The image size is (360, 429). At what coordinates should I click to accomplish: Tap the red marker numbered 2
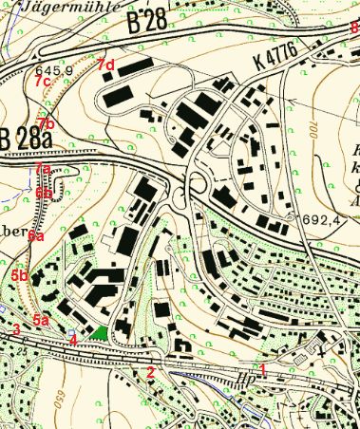pos(150,372)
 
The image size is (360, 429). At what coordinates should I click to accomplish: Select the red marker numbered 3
pos(16,329)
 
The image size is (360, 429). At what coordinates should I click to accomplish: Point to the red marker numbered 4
pos(73,339)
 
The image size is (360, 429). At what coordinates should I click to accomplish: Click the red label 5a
pos(42,321)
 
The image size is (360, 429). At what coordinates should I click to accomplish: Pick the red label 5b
pos(19,275)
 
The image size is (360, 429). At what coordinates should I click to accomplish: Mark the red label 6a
pos(35,234)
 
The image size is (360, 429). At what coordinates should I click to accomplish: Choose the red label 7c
pos(42,83)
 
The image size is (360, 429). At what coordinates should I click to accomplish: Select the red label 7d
pos(105,65)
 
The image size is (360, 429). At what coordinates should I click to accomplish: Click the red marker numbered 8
pos(353,28)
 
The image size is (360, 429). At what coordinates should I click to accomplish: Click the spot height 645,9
pos(53,70)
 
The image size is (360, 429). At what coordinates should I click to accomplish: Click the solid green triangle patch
pos(99,334)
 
